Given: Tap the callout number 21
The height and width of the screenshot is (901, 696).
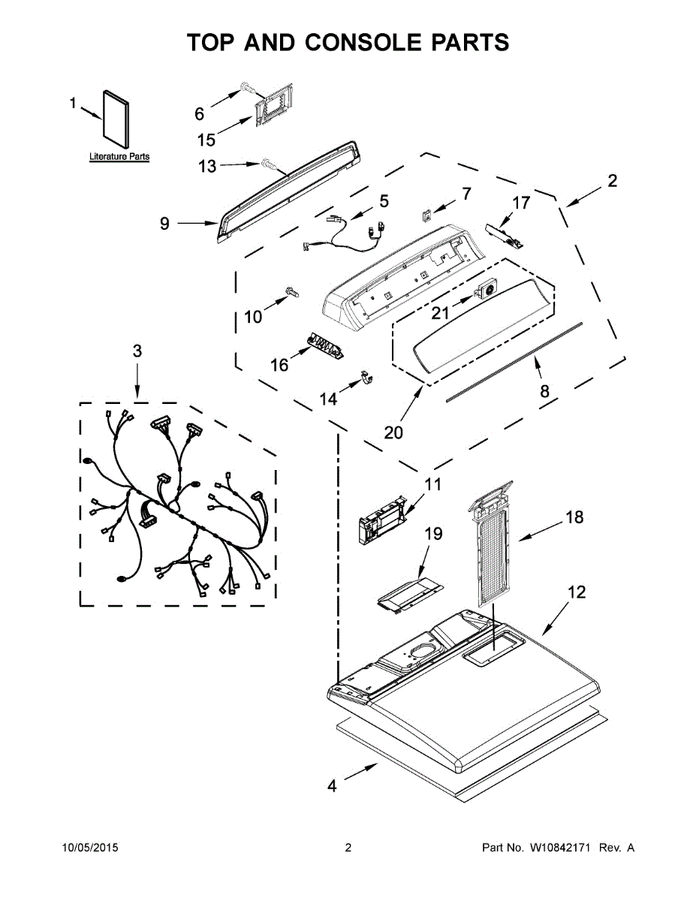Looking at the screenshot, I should point(441,311).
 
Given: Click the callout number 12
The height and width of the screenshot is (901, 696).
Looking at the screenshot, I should point(576,592).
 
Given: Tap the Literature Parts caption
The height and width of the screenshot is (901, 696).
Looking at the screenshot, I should point(119,157).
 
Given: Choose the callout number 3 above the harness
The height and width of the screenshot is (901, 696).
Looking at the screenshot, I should point(137,351).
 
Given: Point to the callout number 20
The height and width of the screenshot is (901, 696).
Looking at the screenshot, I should point(394,432).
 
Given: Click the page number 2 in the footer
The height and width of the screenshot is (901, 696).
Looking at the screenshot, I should point(348,848).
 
